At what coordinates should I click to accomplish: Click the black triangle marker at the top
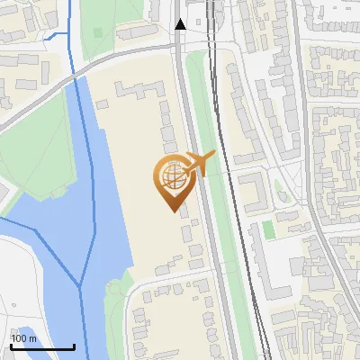coord(180,24)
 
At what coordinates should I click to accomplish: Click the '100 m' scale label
coord(24,338)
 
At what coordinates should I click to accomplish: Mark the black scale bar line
coord(42,346)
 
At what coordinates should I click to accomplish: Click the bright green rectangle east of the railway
coord(267,230)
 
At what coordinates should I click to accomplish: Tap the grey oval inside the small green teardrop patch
coord(279,191)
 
